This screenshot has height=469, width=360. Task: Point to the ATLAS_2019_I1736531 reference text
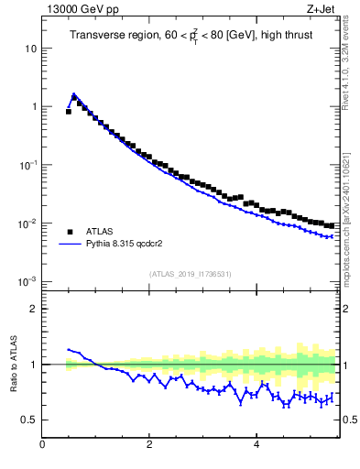pos(191,274)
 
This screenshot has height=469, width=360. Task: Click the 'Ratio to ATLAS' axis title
pos(12,364)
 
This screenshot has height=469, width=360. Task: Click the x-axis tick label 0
pos(42,446)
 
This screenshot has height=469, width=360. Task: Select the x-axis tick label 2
pos(149,446)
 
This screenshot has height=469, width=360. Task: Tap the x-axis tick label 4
pos(256,446)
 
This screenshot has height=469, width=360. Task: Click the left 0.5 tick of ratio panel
pos(29,420)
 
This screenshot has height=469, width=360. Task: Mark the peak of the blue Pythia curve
pos(73,93)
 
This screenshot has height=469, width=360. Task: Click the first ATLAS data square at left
pos(69,112)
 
